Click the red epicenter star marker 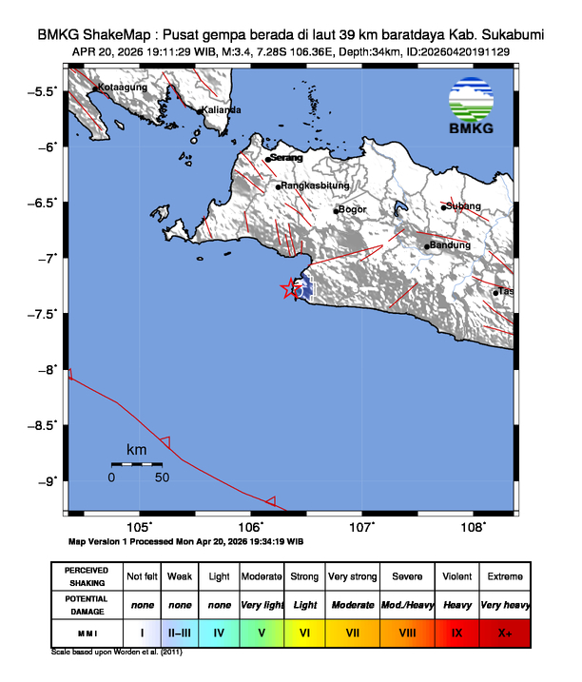click(x=290, y=289)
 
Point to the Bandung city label click(x=452, y=245)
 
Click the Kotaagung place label click(x=125, y=88)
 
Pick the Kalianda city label click(x=223, y=110)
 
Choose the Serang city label click(x=286, y=158)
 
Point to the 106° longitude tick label click(x=251, y=527)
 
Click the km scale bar click(x=137, y=464)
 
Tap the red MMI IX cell click(x=456, y=632)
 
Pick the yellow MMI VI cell click(x=305, y=632)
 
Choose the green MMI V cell click(x=261, y=632)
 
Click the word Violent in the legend click(x=456, y=576)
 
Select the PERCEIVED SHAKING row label click(x=86, y=576)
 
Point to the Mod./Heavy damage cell click(x=407, y=604)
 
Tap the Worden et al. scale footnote click(x=115, y=653)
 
